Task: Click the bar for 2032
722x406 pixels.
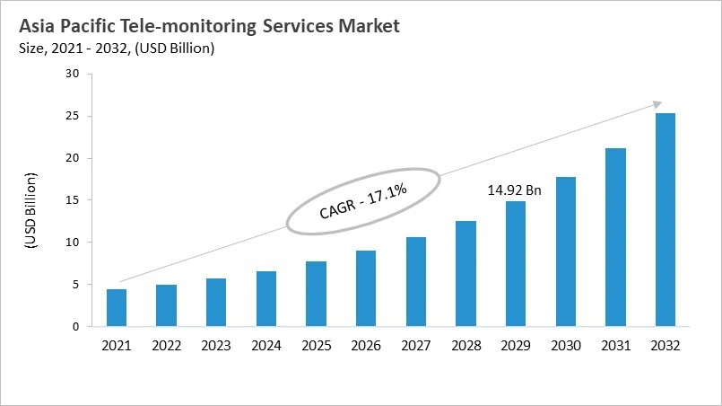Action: (x=665, y=220)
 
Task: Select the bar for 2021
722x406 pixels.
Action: (x=117, y=308)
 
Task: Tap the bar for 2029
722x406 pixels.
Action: (x=516, y=264)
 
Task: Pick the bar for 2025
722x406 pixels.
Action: (x=317, y=294)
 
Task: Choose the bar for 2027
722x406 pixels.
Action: (x=416, y=282)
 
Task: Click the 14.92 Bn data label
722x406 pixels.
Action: (x=515, y=190)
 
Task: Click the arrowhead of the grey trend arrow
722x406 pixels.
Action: (x=658, y=104)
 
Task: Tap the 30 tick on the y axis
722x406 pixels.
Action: (x=73, y=74)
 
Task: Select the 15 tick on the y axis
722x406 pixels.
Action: (x=73, y=200)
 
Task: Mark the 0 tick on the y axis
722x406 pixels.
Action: (x=76, y=327)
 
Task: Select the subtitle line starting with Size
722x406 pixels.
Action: (x=116, y=49)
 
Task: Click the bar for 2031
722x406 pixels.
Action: (x=615, y=237)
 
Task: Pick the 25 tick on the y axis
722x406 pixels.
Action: (x=73, y=116)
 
